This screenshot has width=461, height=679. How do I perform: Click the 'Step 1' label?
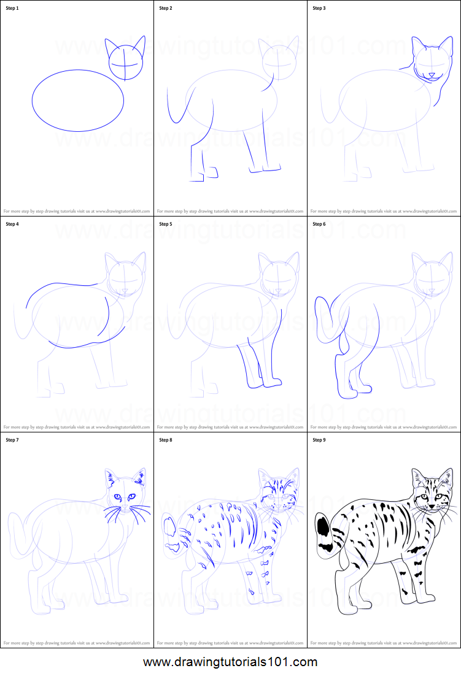click(13, 9)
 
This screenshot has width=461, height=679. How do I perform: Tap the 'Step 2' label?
click(166, 9)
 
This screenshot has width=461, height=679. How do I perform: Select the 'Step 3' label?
click(319, 9)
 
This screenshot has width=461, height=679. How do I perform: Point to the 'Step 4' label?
click(13, 224)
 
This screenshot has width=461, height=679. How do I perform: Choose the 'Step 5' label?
click(166, 224)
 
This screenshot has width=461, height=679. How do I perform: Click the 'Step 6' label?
click(319, 224)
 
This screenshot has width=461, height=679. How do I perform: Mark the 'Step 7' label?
click(13, 440)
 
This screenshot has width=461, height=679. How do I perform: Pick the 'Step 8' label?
click(166, 440)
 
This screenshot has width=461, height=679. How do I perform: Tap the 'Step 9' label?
click(319, 440)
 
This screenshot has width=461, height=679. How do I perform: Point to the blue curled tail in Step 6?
click(322, 319)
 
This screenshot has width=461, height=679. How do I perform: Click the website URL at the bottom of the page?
click(230, 662)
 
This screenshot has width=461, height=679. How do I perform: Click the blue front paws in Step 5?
click(264, 384)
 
